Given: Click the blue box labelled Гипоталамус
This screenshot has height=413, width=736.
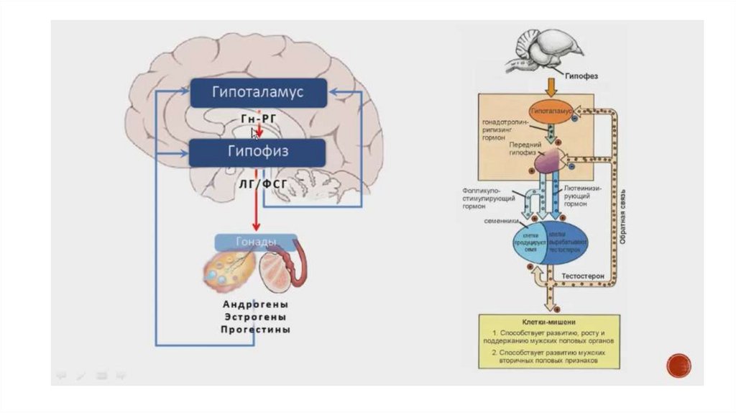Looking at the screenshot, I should (x=258, y=92).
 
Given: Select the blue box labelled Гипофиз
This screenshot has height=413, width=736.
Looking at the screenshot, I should (x=258, y=153).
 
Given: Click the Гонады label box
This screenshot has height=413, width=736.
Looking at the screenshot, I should (x=256, y=242).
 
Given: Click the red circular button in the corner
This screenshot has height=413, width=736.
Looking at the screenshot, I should (x=678, y=365).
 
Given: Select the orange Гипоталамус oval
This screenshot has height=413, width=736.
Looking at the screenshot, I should (x=551, y=112).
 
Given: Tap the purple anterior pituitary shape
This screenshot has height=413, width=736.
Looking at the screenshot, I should (x=548, y=161).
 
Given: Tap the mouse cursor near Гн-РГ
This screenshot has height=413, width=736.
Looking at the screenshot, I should (x=254, y=132).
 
